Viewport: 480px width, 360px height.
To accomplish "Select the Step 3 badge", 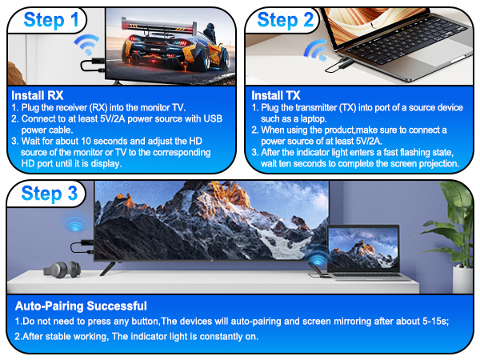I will click(x=49, y=194).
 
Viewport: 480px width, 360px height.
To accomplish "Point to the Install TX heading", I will click(x=273, y=94).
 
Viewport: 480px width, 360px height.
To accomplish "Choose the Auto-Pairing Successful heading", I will click(x=81, y=305).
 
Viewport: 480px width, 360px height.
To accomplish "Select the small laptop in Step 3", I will click(x=363, y=252).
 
